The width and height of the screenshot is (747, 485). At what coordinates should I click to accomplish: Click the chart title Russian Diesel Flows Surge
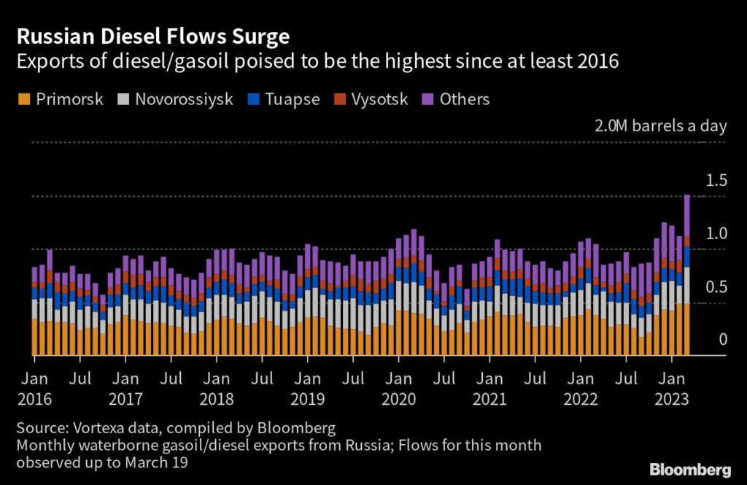coord(153,36)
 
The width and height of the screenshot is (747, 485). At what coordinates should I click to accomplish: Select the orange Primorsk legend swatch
coord(24,98)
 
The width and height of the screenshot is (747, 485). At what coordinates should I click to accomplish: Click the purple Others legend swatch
coord(428,98)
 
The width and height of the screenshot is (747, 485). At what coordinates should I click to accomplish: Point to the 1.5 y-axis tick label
coord(716,181)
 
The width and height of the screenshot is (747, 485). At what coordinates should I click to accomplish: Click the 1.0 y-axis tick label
coord(716,234)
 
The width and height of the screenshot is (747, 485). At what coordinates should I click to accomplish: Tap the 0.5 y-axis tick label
coord(716,287)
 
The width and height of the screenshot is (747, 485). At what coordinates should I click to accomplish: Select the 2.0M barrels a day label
coord(661,126)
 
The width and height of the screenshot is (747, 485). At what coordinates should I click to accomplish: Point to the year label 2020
coord(399,400)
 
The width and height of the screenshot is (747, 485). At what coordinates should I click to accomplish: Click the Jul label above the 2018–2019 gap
coord(262,379)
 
